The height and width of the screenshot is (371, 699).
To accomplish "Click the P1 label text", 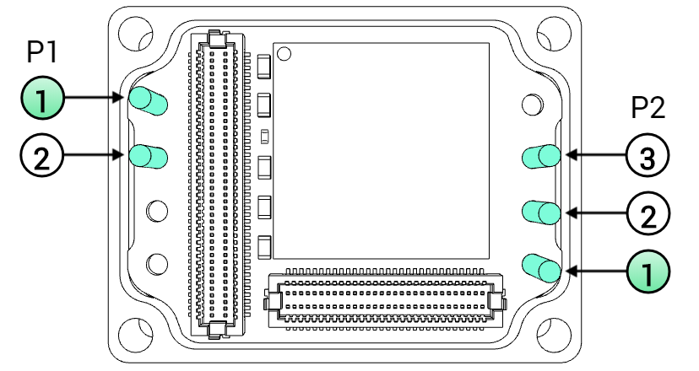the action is coord(42,51).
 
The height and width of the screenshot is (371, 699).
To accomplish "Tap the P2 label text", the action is coord(648,107).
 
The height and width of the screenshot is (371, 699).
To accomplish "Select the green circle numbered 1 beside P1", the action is coord(43,98).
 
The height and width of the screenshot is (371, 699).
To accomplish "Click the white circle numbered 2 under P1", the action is coord(42,155).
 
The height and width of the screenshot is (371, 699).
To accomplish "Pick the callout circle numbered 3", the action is coord(648,155).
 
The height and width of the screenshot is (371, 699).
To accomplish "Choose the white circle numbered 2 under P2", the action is coord(648,213).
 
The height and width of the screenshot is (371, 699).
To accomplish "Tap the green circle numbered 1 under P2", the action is coord(648,272).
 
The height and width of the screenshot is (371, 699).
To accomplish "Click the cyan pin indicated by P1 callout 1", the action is coord(148,101).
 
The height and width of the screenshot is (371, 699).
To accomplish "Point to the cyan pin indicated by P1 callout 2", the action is coord(148,156).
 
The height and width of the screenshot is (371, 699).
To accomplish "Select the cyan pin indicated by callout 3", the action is coord(541,156).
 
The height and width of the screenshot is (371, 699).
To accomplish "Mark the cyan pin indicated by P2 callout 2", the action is coord(541,212).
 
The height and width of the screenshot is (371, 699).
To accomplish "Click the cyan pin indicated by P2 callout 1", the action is coord(541,268).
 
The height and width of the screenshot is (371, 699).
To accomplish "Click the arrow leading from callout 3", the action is coord(595,155).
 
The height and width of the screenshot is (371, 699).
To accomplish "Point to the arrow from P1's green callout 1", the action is coord(94,98).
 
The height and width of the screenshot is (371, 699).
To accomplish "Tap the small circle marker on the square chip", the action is coord(284,54).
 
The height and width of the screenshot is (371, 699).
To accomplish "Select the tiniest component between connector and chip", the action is coord(264,137).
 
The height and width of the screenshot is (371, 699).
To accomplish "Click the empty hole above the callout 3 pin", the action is coord(532,105).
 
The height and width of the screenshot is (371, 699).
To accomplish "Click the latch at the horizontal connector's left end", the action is coord(273,302).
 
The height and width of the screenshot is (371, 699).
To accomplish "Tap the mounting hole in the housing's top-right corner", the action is coord(554,34).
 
